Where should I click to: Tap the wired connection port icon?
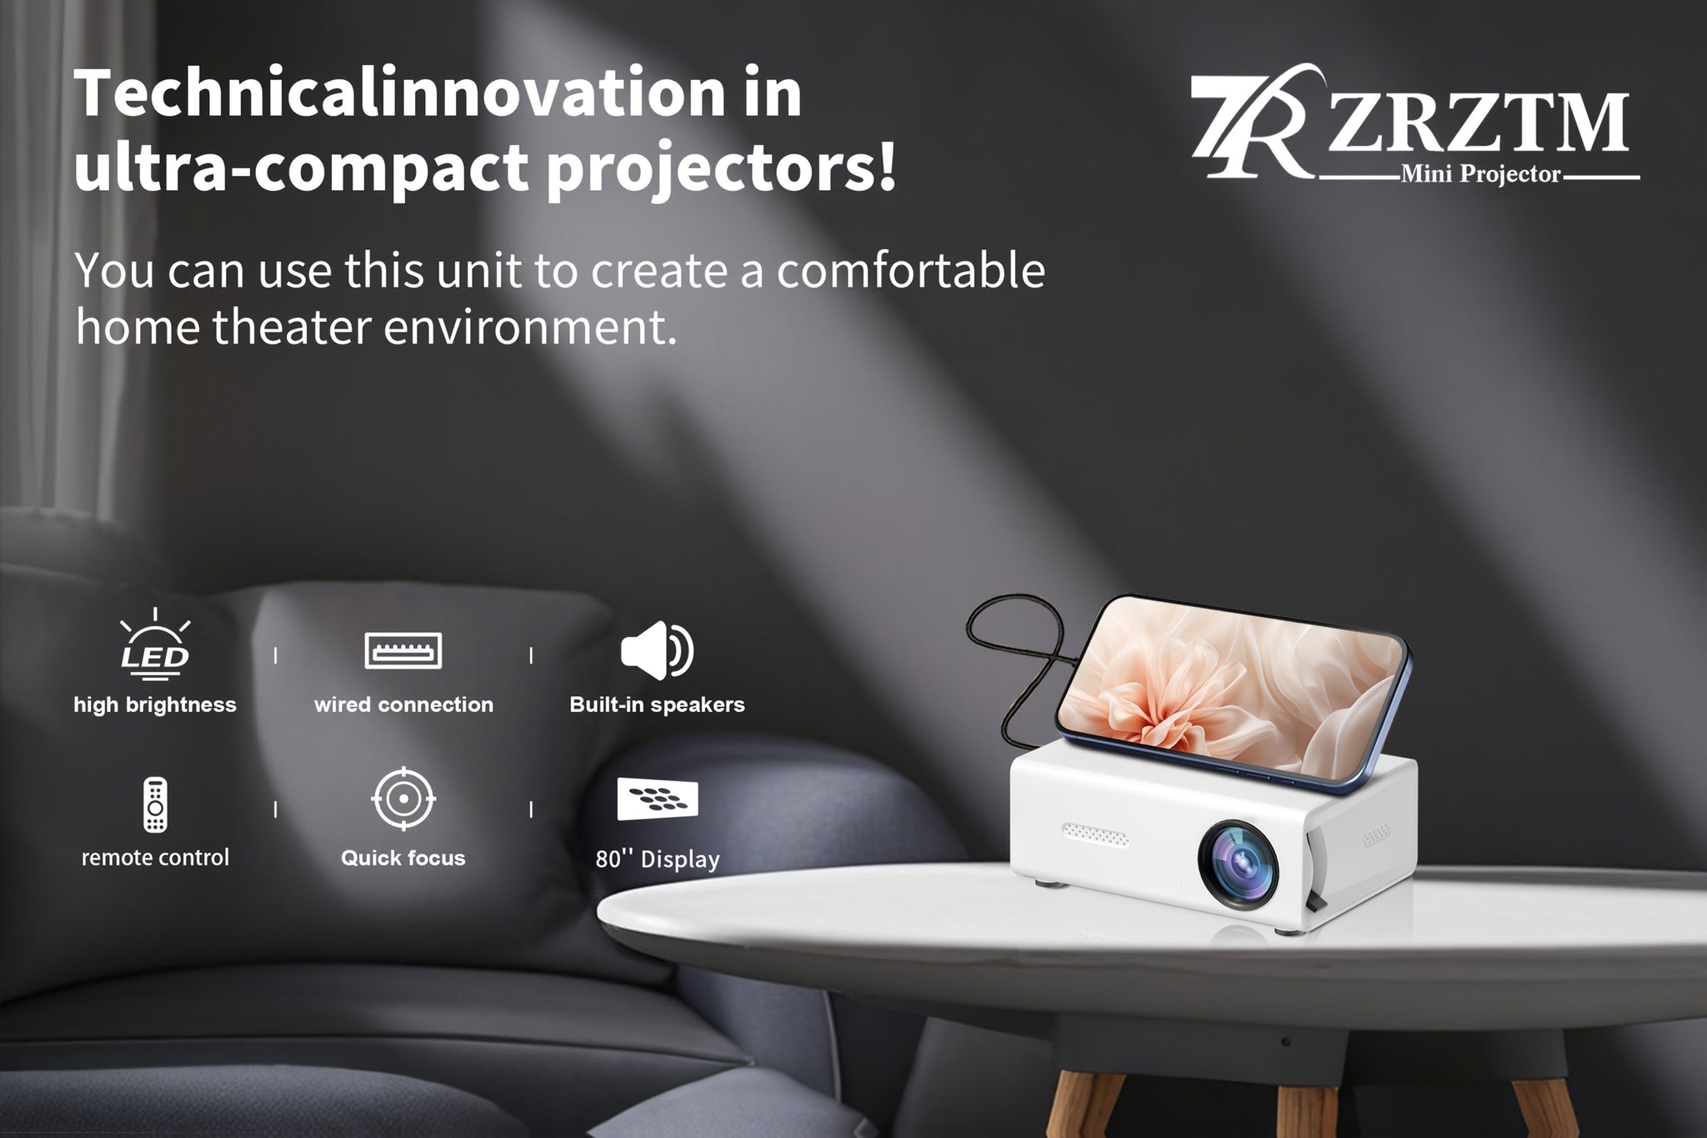click(x=403, y=650)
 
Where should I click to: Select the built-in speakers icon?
click(x=657, y=650)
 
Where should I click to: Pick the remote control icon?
click(x=155, y=805)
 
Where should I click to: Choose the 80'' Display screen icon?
click(x=657, y=800)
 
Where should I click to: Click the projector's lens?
click(x=1239, y=864)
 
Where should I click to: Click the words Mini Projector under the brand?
click(x=1480, y=174)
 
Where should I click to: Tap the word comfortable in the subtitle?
click(x=911, y=270)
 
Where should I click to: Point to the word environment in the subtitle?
click(x=529, y=327)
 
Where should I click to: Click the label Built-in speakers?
click(x=657, y=704)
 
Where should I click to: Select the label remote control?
click(x=155, y=857)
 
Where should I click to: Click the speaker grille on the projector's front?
click(x=1094, y=834)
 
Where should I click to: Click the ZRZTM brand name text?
click(x=1478, y=122)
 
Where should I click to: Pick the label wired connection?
click(x=403, y=704)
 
